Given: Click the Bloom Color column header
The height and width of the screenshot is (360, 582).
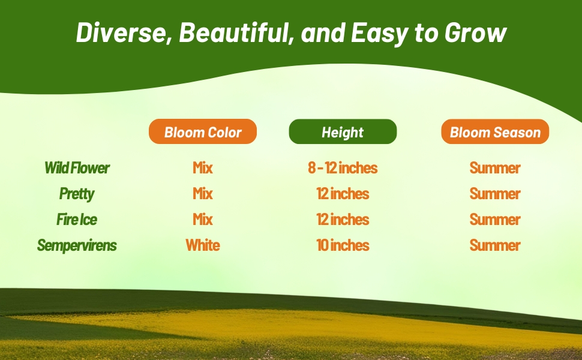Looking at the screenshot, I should [x=203, y=132].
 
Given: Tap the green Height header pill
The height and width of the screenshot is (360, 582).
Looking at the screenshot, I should [x=343, y=132].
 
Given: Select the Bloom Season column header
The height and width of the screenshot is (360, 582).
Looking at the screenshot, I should [x=495, y=132].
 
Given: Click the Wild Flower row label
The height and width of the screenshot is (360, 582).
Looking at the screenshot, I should [x=77, y=168].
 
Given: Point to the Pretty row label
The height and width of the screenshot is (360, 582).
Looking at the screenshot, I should [x=77, y=194].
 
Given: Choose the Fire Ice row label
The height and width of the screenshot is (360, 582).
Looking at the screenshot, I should [x=77, y=220].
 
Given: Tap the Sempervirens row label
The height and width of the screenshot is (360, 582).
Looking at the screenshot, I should [x=77, y=245].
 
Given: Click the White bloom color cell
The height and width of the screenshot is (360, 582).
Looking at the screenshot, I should [x=203, y=245].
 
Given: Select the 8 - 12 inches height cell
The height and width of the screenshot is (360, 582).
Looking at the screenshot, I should [x=343, y=168].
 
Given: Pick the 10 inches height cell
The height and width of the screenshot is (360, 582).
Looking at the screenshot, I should [x=343, y=245].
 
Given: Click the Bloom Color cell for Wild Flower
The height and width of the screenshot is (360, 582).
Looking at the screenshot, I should [x=203, y=168].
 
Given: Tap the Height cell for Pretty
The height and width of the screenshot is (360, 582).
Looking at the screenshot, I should [x=343, y=194].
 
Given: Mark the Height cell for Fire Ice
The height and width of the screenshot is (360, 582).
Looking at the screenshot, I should [x=343, y=220].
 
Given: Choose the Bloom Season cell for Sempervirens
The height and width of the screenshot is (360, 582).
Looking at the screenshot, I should [x=495, y=245].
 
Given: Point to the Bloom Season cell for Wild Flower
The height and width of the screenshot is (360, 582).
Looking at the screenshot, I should [x=495, y=168].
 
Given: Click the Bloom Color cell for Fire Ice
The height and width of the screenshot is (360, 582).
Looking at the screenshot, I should [x=203, y=220].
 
